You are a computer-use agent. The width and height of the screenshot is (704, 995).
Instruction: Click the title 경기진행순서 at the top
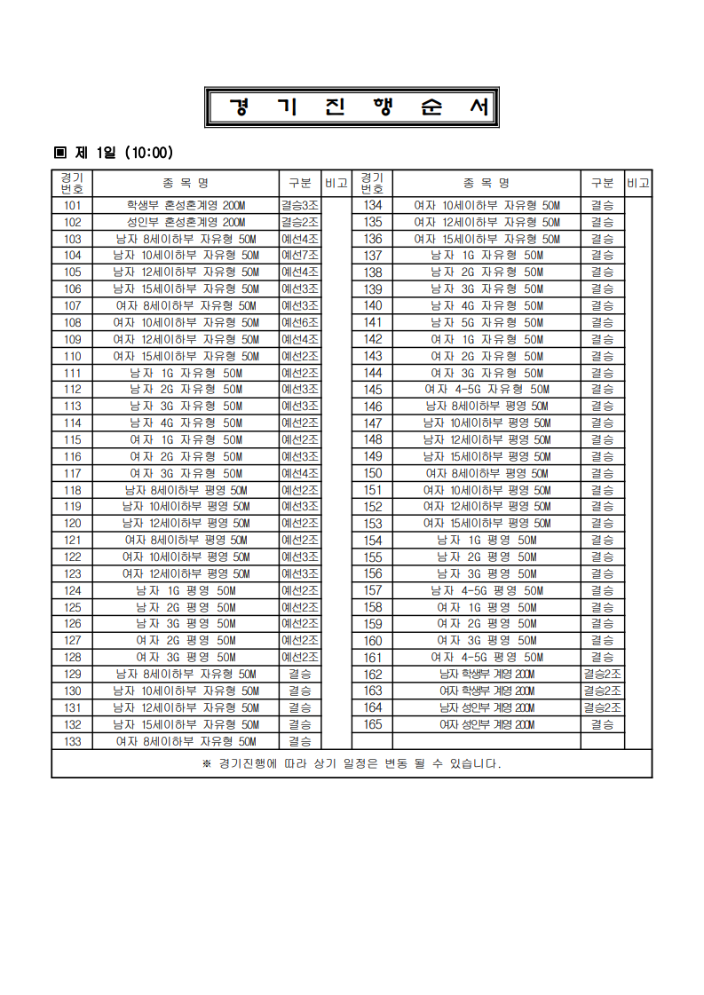pyautogui.click(x=352, y=107)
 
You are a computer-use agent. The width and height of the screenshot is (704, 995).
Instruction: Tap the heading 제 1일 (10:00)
pyautogui.click(x=115, y=153)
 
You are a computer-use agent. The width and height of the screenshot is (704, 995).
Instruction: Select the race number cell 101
pyautogui.click(x=72, y=205)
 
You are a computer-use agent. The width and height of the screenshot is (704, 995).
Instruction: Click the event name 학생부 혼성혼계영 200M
pyautogui.click(x=186, y=205)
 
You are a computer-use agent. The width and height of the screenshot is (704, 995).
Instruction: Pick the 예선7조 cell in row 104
pyautogui.click(x=299, y=256)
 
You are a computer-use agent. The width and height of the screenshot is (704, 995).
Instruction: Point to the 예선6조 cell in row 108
pyautogui.click(x=299, y=322)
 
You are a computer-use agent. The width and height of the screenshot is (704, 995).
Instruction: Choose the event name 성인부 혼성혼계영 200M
pyautogui.click(x=186, y=222)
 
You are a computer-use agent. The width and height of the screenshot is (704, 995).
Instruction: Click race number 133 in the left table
pyautogui.click(x=72, y=740)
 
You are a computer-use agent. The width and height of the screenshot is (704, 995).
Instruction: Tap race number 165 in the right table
pyautogui.click(x=373, y=724)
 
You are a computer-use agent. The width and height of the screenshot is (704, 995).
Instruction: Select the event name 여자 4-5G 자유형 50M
pyautogui.click(x=486, y=390)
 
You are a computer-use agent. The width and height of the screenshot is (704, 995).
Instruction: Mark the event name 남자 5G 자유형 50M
pyautogui.click(x=486, y=322)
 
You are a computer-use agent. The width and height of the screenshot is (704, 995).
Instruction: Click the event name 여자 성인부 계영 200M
pyautogui.click(x=486, y=724)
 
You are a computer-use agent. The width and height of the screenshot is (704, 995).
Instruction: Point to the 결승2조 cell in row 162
pyautogui.click(x=602, y=674)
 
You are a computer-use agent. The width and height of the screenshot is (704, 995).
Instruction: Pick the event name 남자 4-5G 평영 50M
pyautogui.click(x=486, y=590)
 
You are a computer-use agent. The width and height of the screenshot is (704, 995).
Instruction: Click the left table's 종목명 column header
pyautogui.click(x=186, y=183)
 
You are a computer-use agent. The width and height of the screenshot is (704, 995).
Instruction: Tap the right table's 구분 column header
pyautogui.click(x=602, y=183)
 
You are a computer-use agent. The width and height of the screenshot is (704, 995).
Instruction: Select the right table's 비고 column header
pyautogui.click(x=638, y=183)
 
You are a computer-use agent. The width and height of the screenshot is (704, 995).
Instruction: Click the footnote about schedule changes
pyautogui.click(x=352, y=763)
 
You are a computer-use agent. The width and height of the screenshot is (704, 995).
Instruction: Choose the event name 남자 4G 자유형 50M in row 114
pyautogui.click(x=186, y=423)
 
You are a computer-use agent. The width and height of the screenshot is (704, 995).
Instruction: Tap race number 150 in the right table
pyautogui.click(x=373, y=473)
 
